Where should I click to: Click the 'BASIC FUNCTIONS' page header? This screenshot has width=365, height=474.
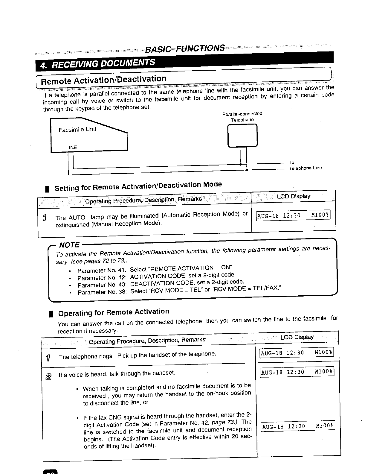pos(185,48)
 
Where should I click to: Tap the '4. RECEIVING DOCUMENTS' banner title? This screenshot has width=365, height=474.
pos(98,63)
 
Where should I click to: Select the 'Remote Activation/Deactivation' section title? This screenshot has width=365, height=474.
pos(103,80)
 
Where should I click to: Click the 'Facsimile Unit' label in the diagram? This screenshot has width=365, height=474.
pos(77,130)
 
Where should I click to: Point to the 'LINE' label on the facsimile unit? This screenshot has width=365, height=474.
pos(71,148)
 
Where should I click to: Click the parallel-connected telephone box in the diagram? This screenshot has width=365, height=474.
pos(242,135)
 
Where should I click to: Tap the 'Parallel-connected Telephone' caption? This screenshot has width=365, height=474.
pos(242,117)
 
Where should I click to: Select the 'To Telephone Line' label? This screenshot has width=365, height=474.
pos(305,165)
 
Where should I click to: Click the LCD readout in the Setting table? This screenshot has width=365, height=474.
pos(293,215)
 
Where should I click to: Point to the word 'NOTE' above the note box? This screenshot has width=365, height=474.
pos(69,245)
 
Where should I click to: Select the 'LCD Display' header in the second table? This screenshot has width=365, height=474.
pos(297,337)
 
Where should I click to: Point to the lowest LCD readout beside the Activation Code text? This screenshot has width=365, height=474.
pos(298,426)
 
